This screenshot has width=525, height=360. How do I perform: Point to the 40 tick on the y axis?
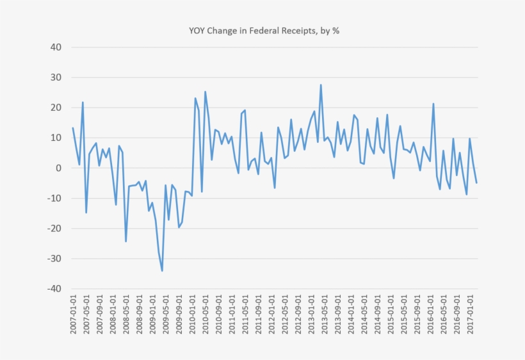point(55,47)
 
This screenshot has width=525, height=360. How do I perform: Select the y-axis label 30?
point(55,78)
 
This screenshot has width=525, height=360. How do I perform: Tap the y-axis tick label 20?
point(55,108)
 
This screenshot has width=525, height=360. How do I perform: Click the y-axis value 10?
point(55,138)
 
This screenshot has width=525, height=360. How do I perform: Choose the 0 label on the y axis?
point(58,168)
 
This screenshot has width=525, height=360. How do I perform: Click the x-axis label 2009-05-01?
point(166,316)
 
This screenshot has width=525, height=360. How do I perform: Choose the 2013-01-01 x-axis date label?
point(311,316)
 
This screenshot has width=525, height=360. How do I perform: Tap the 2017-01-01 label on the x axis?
point(470,316)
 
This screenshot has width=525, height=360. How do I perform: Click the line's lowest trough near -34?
point(162,270)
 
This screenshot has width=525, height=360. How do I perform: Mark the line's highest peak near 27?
point(321,85)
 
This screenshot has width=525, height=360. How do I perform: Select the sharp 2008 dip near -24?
point(125,241)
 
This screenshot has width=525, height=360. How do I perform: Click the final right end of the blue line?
point(476,183)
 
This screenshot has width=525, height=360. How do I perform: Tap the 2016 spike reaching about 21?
point(433,104)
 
